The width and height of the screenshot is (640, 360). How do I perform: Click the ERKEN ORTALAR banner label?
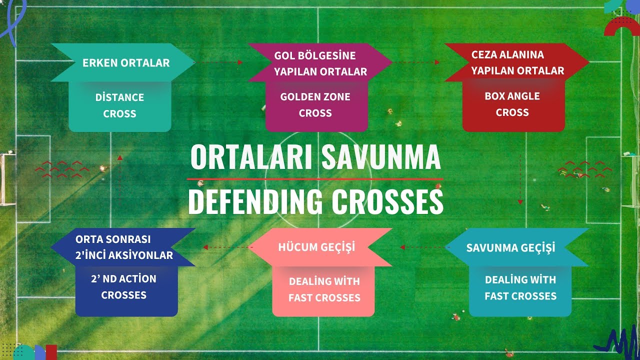coord(126,63)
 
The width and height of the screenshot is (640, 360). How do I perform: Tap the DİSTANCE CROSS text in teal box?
coord(119,105)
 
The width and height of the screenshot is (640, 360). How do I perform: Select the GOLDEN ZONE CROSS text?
coord(315,105)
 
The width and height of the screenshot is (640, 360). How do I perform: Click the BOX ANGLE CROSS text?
coord(512,104)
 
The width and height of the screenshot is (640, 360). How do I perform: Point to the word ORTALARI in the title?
coord(251,157)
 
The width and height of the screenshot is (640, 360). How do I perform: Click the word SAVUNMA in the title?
coord(381,157)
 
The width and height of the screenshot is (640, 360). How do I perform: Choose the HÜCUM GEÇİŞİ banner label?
coord(316,247)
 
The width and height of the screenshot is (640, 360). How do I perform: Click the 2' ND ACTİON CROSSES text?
coord(123,287)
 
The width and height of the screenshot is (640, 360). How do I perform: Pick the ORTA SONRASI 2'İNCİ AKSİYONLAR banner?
coord(124,247)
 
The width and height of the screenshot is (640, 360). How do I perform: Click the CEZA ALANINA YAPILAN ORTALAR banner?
coord(517,62)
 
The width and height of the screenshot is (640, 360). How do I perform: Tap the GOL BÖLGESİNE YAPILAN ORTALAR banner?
coord(320,63)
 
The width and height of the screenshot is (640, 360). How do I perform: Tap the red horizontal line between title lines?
coord(315,178)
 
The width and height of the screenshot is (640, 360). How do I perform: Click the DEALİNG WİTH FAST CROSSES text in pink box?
coord(324,289)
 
